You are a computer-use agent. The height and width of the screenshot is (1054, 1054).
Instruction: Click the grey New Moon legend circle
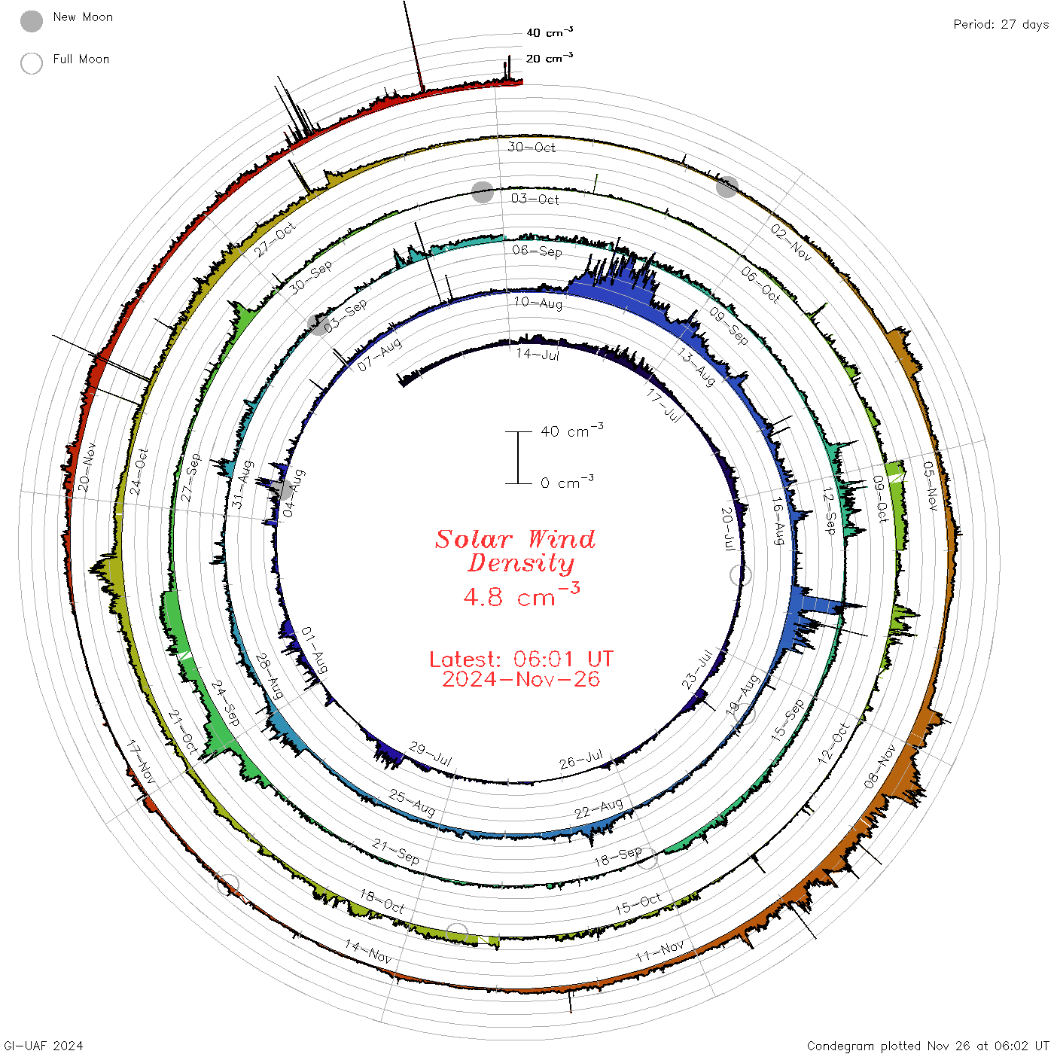tap(31, 21)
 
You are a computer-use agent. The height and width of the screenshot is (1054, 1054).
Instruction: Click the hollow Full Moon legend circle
tap(31, 63)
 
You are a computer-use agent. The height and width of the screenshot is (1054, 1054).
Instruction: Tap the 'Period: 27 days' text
tap(1001, 25)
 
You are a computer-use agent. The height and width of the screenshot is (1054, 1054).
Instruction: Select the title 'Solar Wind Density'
tap(515, 551)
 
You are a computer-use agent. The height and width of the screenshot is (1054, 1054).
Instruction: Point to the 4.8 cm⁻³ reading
tap(521, 595)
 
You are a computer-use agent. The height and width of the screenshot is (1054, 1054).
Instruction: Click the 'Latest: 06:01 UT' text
tap(521, 659)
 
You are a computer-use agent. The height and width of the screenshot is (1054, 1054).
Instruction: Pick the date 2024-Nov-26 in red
tap(521, 679)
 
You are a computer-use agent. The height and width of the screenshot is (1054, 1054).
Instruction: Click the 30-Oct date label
tap(531, 147)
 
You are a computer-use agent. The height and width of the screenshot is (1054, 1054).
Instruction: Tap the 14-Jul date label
tap(537, 354)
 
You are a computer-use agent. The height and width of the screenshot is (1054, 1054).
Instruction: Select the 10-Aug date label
tap(538, 302)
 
